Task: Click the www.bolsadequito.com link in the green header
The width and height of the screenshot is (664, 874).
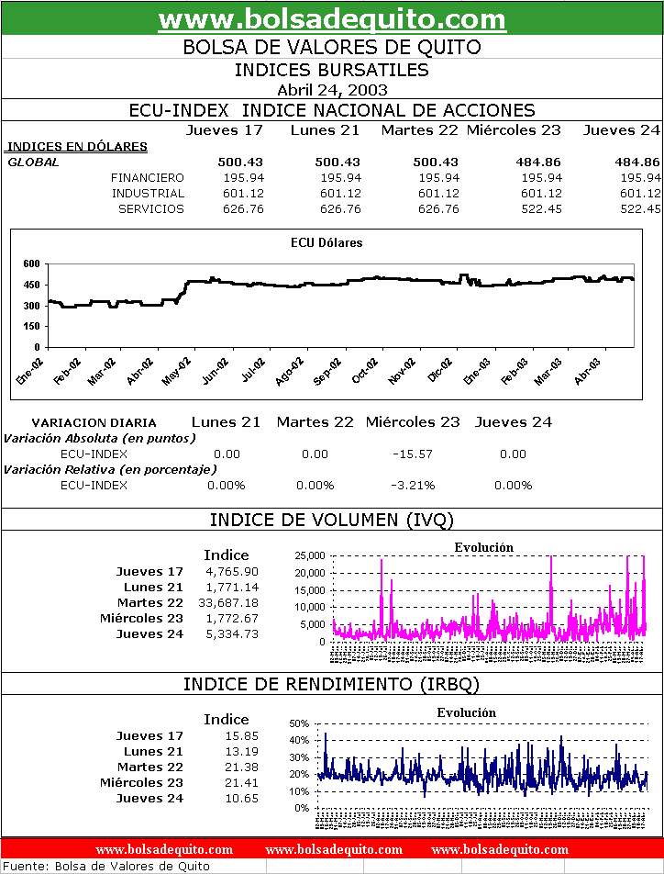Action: [332, 19]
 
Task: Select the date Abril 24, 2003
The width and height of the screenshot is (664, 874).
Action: [332, 90]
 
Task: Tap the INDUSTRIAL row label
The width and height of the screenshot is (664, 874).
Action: [148, 193]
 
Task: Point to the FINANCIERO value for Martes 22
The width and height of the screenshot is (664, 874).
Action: [438, 177]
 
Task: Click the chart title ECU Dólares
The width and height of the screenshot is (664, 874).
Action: [326, 243]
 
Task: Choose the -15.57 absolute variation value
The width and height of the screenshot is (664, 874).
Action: [412, 454]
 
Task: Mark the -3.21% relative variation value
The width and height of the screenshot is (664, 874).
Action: [413, 485]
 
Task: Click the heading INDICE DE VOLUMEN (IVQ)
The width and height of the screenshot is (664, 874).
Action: [332, 520]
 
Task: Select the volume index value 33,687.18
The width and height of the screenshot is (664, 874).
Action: [228, 602]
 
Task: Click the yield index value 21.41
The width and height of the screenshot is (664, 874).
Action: [243, 782]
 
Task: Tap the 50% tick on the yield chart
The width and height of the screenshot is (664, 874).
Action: [300, 723]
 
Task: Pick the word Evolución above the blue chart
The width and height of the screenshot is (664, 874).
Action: [466, 712]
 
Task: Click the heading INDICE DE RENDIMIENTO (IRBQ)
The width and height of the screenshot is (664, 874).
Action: [332, 684]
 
